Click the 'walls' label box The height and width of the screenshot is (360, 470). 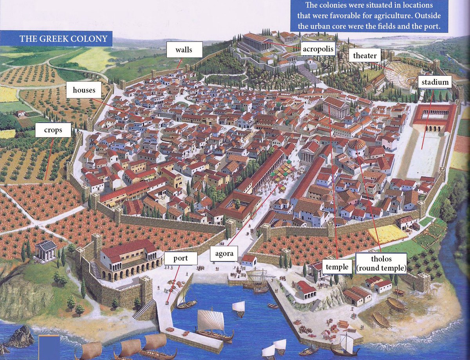point(183,50)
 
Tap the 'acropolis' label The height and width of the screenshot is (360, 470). point(318,49)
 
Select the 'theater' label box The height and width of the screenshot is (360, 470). point(365,55)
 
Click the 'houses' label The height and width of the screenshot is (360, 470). point(84,90)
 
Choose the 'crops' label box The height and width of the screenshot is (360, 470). point(53,130)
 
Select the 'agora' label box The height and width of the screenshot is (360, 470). point(224,253)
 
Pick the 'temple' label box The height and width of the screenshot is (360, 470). point(337,267)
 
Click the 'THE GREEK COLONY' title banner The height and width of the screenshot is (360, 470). point(58,39)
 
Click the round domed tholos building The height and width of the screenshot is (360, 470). point(356,147)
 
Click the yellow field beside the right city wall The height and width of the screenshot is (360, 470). point(387,233)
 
